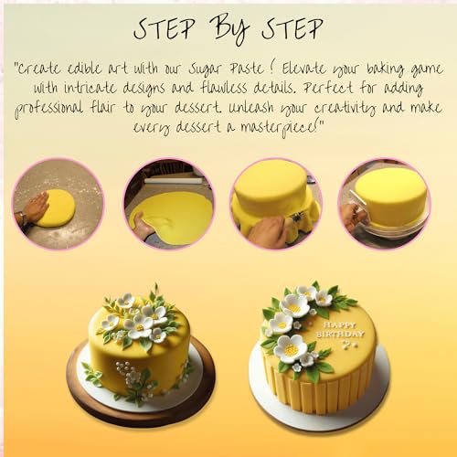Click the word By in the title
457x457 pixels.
(232, 29)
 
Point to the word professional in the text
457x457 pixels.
(48, 109)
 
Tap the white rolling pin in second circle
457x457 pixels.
(173, 181)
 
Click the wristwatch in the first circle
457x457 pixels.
(21, 217)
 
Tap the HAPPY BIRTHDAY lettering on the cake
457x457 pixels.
(340, 330)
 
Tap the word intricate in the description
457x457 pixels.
(90, 89)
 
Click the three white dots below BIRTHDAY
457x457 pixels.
(349, 345)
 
